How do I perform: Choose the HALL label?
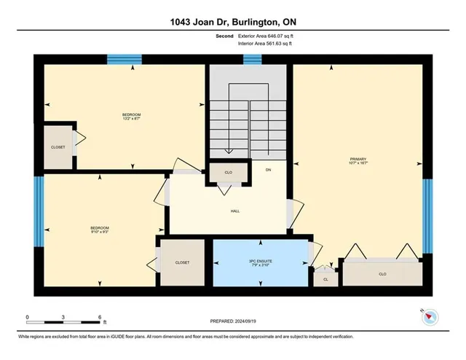(x=234, y=212)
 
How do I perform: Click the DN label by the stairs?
(x=268, y=170)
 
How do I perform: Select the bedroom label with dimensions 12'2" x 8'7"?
(x=131, y=117)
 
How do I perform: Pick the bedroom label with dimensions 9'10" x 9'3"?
(x=99, y=230)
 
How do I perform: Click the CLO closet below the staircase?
(x=228, y=173)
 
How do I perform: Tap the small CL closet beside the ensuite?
(x=325, y=278)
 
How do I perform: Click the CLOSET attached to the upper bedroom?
(x=58, y=147)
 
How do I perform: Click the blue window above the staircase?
(x=252, y=60)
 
